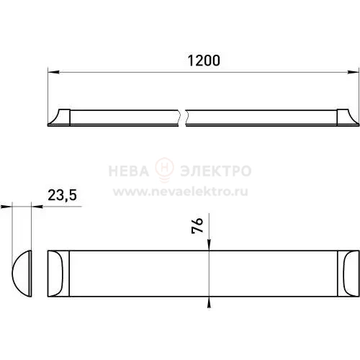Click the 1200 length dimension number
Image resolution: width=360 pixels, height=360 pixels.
(204, 60)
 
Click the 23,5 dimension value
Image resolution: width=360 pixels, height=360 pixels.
(63, 195)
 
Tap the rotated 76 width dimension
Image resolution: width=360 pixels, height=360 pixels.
(197, 225)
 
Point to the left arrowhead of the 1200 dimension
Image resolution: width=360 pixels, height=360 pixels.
(54, 72)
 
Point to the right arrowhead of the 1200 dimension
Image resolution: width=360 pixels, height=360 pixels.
(354, 72)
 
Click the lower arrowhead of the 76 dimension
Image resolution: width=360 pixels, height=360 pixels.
(209, 302)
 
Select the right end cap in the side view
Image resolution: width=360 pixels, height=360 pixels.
(348, 117)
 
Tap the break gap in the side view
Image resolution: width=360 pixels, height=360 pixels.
(182, 117)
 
